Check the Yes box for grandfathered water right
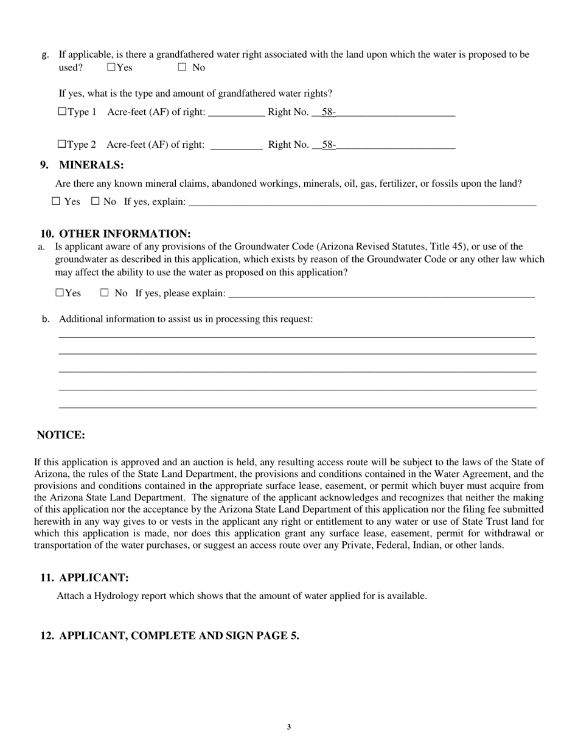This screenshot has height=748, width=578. click(x=111, y=68)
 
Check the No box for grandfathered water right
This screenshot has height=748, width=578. click(x=182, y=68)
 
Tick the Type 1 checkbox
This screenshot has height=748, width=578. click(x=62, y=112)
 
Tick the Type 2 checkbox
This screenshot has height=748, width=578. click(x=62, y=145)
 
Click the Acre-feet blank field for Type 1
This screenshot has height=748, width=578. click(x=236, y=113)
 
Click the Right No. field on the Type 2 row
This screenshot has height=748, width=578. click(x=395, y=145)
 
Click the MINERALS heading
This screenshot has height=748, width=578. click(x=91, y=165)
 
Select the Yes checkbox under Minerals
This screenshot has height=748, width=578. click(x=56, y=201)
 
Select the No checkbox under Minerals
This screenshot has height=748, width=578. click(x=95, y=201)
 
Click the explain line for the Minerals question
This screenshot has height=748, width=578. click(x=362, y=203)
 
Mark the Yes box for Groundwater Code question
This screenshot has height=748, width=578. click(x=60, y=293)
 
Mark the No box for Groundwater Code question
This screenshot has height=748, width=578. click(x=104, y=293)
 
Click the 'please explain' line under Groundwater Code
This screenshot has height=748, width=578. click(x=380, y=294)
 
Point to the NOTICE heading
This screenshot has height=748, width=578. click(x=61, y=435)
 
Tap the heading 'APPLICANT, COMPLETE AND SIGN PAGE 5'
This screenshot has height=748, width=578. click(x=179, y=636)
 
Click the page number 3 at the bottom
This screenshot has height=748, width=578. click(x=289, y=727)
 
